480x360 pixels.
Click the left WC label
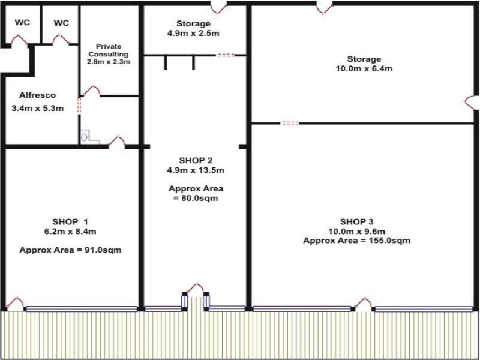click(x=22, y=23)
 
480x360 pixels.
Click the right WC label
click(x=61, y=23)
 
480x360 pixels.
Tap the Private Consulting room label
click(x=109, y=53)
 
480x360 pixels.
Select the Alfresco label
click(x=37, y=95)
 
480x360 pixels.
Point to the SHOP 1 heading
click(x=71, y=220)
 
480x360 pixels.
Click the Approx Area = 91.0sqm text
click(x=71, y=250)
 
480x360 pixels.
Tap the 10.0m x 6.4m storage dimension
click(x=364, y=69)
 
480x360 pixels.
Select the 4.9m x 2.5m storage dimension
click(x=189, y=34)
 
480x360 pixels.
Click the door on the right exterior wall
click(x=471, y=103)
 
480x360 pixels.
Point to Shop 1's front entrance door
click(x=15, y=304)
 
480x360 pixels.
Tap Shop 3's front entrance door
click(x=362, y=304)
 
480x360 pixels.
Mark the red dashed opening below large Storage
click(x=290, y=123)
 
